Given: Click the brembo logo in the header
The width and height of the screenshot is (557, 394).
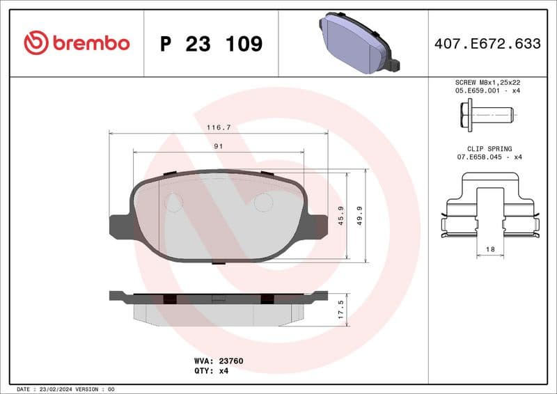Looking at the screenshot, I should [x=77, y=43].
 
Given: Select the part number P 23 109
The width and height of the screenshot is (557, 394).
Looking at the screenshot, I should [x=211, y=44].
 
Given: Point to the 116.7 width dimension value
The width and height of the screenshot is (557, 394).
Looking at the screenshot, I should [x=219, y=127].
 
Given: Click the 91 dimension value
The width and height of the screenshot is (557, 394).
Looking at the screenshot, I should [x=218, y=146].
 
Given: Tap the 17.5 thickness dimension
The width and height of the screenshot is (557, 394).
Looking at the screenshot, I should [x=340, y=307].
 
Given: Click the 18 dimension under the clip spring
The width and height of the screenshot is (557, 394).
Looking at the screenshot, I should [x=489, y=249].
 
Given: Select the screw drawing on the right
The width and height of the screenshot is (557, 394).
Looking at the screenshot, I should [x=486, y=112].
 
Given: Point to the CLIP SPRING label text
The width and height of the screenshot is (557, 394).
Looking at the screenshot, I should [x=489, y=149].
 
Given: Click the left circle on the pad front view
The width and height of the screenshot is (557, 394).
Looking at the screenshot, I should [x=173, y=203].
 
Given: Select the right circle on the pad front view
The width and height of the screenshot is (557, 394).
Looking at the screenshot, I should [x=263, y=203].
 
